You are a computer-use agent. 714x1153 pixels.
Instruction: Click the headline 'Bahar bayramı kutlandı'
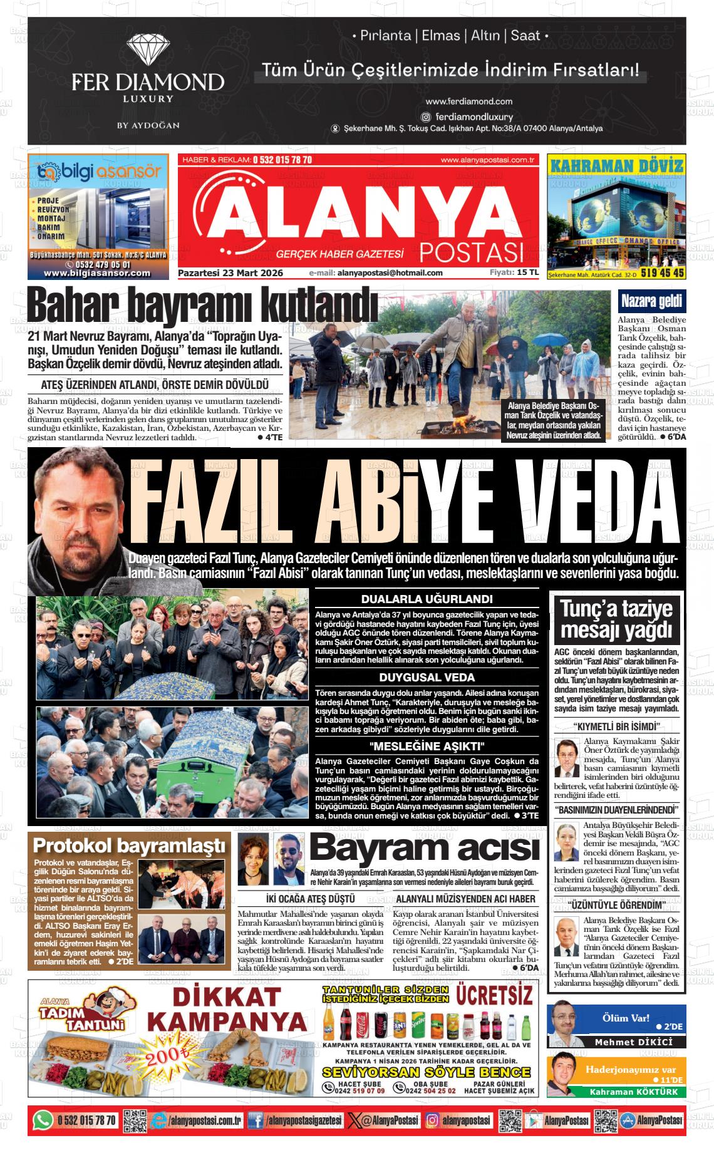202,307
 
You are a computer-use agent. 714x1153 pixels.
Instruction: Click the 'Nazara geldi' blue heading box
651,302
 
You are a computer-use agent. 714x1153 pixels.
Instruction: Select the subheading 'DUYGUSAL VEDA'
427,678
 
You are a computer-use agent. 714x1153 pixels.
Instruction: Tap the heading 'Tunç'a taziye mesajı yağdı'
616,618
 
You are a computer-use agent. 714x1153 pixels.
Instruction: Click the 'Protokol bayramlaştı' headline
128,845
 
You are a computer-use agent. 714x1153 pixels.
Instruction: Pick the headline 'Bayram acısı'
424,849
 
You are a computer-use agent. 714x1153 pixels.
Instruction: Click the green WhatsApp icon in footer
43,1120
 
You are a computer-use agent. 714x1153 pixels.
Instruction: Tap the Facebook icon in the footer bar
256,1120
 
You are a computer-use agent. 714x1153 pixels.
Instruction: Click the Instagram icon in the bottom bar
432,1120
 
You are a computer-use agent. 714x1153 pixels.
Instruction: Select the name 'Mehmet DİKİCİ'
633,1042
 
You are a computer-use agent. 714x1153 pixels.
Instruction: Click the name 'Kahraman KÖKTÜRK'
633,1092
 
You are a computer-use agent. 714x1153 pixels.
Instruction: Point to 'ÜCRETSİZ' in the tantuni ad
494,994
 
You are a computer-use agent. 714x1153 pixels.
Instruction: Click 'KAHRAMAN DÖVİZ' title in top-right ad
616,166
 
